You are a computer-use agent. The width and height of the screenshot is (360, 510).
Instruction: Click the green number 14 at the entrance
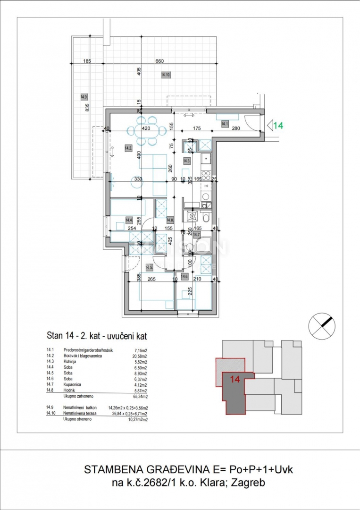(279, 126)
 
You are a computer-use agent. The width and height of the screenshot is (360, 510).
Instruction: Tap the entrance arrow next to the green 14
(270, 126)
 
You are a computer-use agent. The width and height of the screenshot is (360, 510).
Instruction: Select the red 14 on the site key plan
(235, 379)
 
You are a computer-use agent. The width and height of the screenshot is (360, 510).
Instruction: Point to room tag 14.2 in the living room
(128, 148)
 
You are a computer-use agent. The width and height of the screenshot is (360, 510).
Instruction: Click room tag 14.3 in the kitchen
(186, 161)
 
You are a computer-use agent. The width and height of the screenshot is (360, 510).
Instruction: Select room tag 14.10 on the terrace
(166, 75)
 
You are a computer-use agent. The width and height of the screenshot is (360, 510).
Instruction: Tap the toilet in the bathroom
(207, 218)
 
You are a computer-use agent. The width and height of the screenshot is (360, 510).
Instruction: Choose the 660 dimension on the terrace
(159, 61)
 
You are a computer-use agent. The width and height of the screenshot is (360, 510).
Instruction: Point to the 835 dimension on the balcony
(87, 107)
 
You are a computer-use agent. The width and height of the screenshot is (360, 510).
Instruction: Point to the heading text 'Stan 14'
(59, 336)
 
